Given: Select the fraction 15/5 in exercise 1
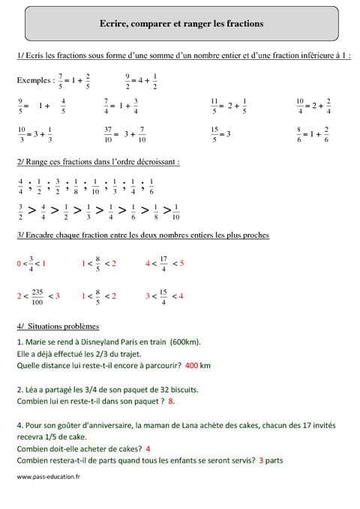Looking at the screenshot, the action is (214, 134).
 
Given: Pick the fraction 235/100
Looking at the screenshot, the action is (37, 296).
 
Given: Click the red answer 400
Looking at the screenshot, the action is (191, 366).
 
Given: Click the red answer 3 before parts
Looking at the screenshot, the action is (261, 460).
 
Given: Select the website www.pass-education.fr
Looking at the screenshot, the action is (48, 477).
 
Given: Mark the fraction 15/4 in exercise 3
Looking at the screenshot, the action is (163, 296).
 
